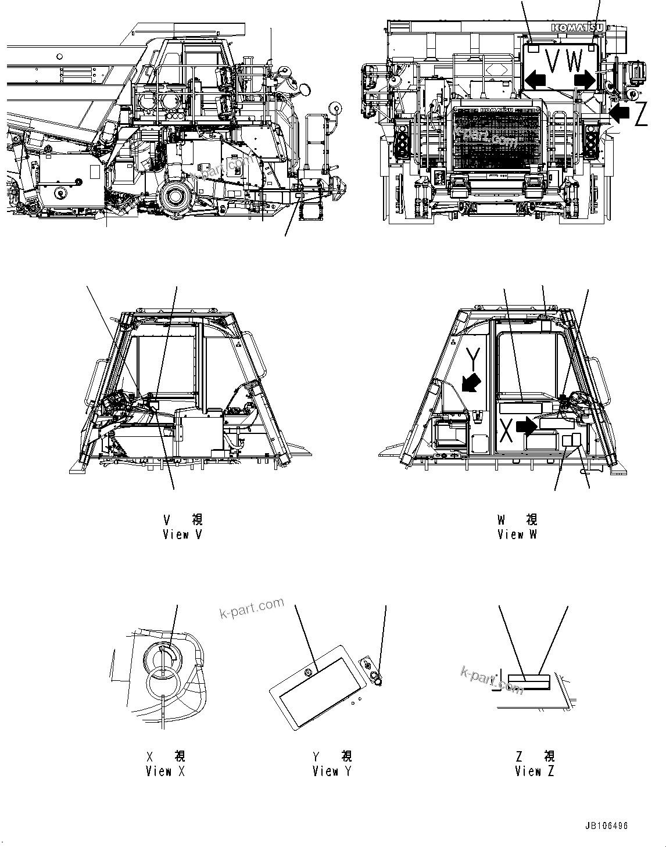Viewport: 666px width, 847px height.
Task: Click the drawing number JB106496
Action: [x=607, y=826]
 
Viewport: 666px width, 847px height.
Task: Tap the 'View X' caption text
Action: [x=166, y=771]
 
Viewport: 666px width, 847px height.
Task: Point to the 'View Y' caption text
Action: [x=332, y=771]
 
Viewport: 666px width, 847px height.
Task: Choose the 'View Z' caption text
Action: [x=534, y=771]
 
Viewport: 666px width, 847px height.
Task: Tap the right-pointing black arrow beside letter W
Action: [x=584, y=79]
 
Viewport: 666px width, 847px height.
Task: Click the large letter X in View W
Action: [x=506, y=430]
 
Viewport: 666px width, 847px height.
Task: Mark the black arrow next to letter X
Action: [x=527, y=427]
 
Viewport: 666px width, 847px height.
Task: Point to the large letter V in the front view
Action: [x=552, y=60]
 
